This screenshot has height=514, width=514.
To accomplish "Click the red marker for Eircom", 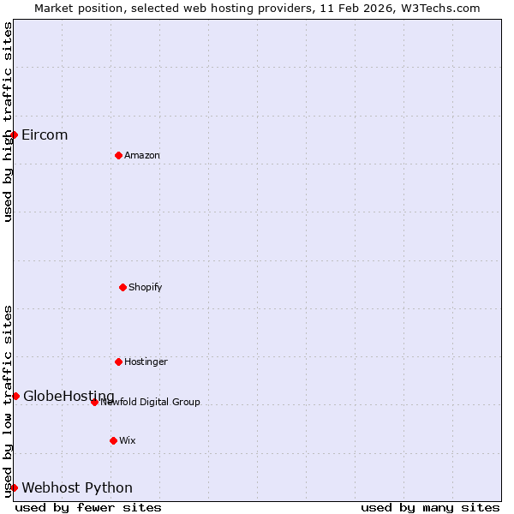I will coord(14,134).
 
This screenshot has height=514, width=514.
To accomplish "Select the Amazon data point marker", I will coord(118,155).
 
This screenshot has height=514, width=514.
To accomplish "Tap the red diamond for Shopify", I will coord(123,287).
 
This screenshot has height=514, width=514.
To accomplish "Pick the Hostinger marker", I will coord(118,362).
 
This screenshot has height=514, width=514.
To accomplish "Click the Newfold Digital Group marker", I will coord(94,402).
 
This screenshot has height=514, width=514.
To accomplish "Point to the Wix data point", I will coord(113,440).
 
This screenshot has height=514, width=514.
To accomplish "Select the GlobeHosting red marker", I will coord(15,396).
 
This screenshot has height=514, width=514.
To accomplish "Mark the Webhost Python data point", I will coord(14,487).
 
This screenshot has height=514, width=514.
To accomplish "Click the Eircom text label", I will coord(45,134).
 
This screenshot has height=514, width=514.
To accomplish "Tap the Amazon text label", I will coord(142,155).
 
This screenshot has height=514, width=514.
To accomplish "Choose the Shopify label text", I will coord(146,287).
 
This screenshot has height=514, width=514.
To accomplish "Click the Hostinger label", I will coord(146,362).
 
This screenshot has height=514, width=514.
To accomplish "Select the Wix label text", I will coord(128,440).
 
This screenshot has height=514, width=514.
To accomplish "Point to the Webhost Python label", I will coord(77,487).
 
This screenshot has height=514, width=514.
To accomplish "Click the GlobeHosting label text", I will coord(69,396).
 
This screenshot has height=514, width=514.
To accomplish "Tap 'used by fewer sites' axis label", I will coord(88,507).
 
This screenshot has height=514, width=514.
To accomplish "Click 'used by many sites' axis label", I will coord(430,507).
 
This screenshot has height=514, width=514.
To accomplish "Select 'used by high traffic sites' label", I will coord(8,122).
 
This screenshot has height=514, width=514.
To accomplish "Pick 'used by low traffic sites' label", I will coord(8,401).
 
